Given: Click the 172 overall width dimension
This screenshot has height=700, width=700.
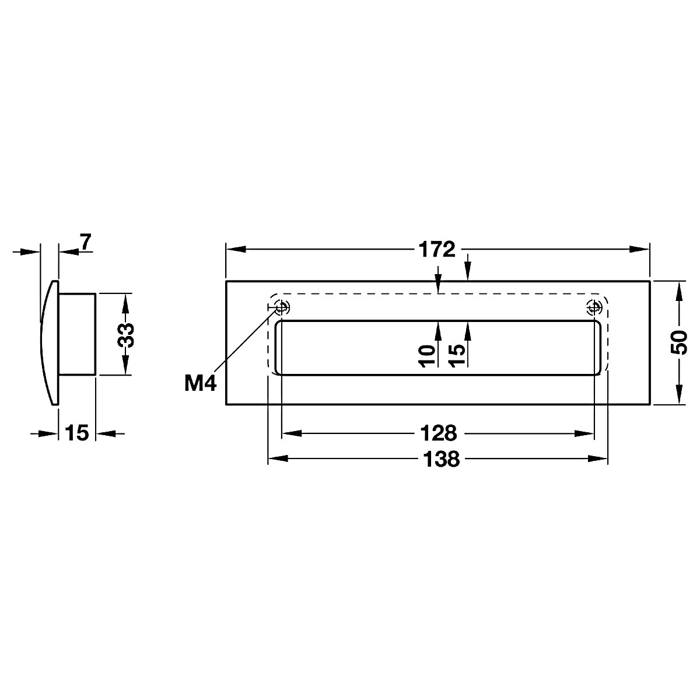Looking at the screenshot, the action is (437, 250).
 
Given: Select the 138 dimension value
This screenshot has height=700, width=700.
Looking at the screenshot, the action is (442, 459).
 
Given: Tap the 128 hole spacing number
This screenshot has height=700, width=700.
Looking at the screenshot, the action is (439, 433).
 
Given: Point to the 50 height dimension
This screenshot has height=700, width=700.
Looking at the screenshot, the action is (678, 342).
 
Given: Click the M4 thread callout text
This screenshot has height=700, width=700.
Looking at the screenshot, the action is (201, 383).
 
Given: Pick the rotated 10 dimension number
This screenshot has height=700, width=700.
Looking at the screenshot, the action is (426, 356).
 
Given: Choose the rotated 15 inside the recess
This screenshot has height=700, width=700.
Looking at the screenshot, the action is (456, 354).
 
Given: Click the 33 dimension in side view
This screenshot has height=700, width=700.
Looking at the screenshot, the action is (125, 335).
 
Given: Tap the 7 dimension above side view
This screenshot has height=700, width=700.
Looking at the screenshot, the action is (86, 242).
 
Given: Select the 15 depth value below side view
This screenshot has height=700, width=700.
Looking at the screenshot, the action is (77, 433).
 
